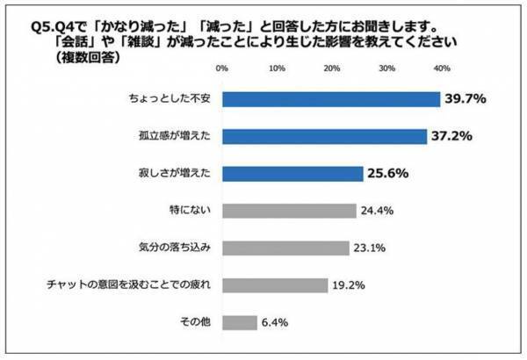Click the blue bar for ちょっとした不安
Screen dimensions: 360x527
point(330,99)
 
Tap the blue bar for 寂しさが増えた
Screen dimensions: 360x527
point(292,173)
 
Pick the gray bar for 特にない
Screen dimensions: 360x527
point(288,211)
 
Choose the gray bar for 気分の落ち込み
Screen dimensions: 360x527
point(285,248)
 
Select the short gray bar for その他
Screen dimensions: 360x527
point(239,322)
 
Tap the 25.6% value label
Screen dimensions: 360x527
point(388,174)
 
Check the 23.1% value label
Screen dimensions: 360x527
point(372,248)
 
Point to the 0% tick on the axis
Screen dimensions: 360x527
point(222,68)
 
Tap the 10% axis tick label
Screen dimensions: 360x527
point(277,68)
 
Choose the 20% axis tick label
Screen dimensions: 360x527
point(331,68)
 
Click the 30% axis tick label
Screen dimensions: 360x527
point(386,68)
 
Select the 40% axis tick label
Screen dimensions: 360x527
point(441,68)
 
